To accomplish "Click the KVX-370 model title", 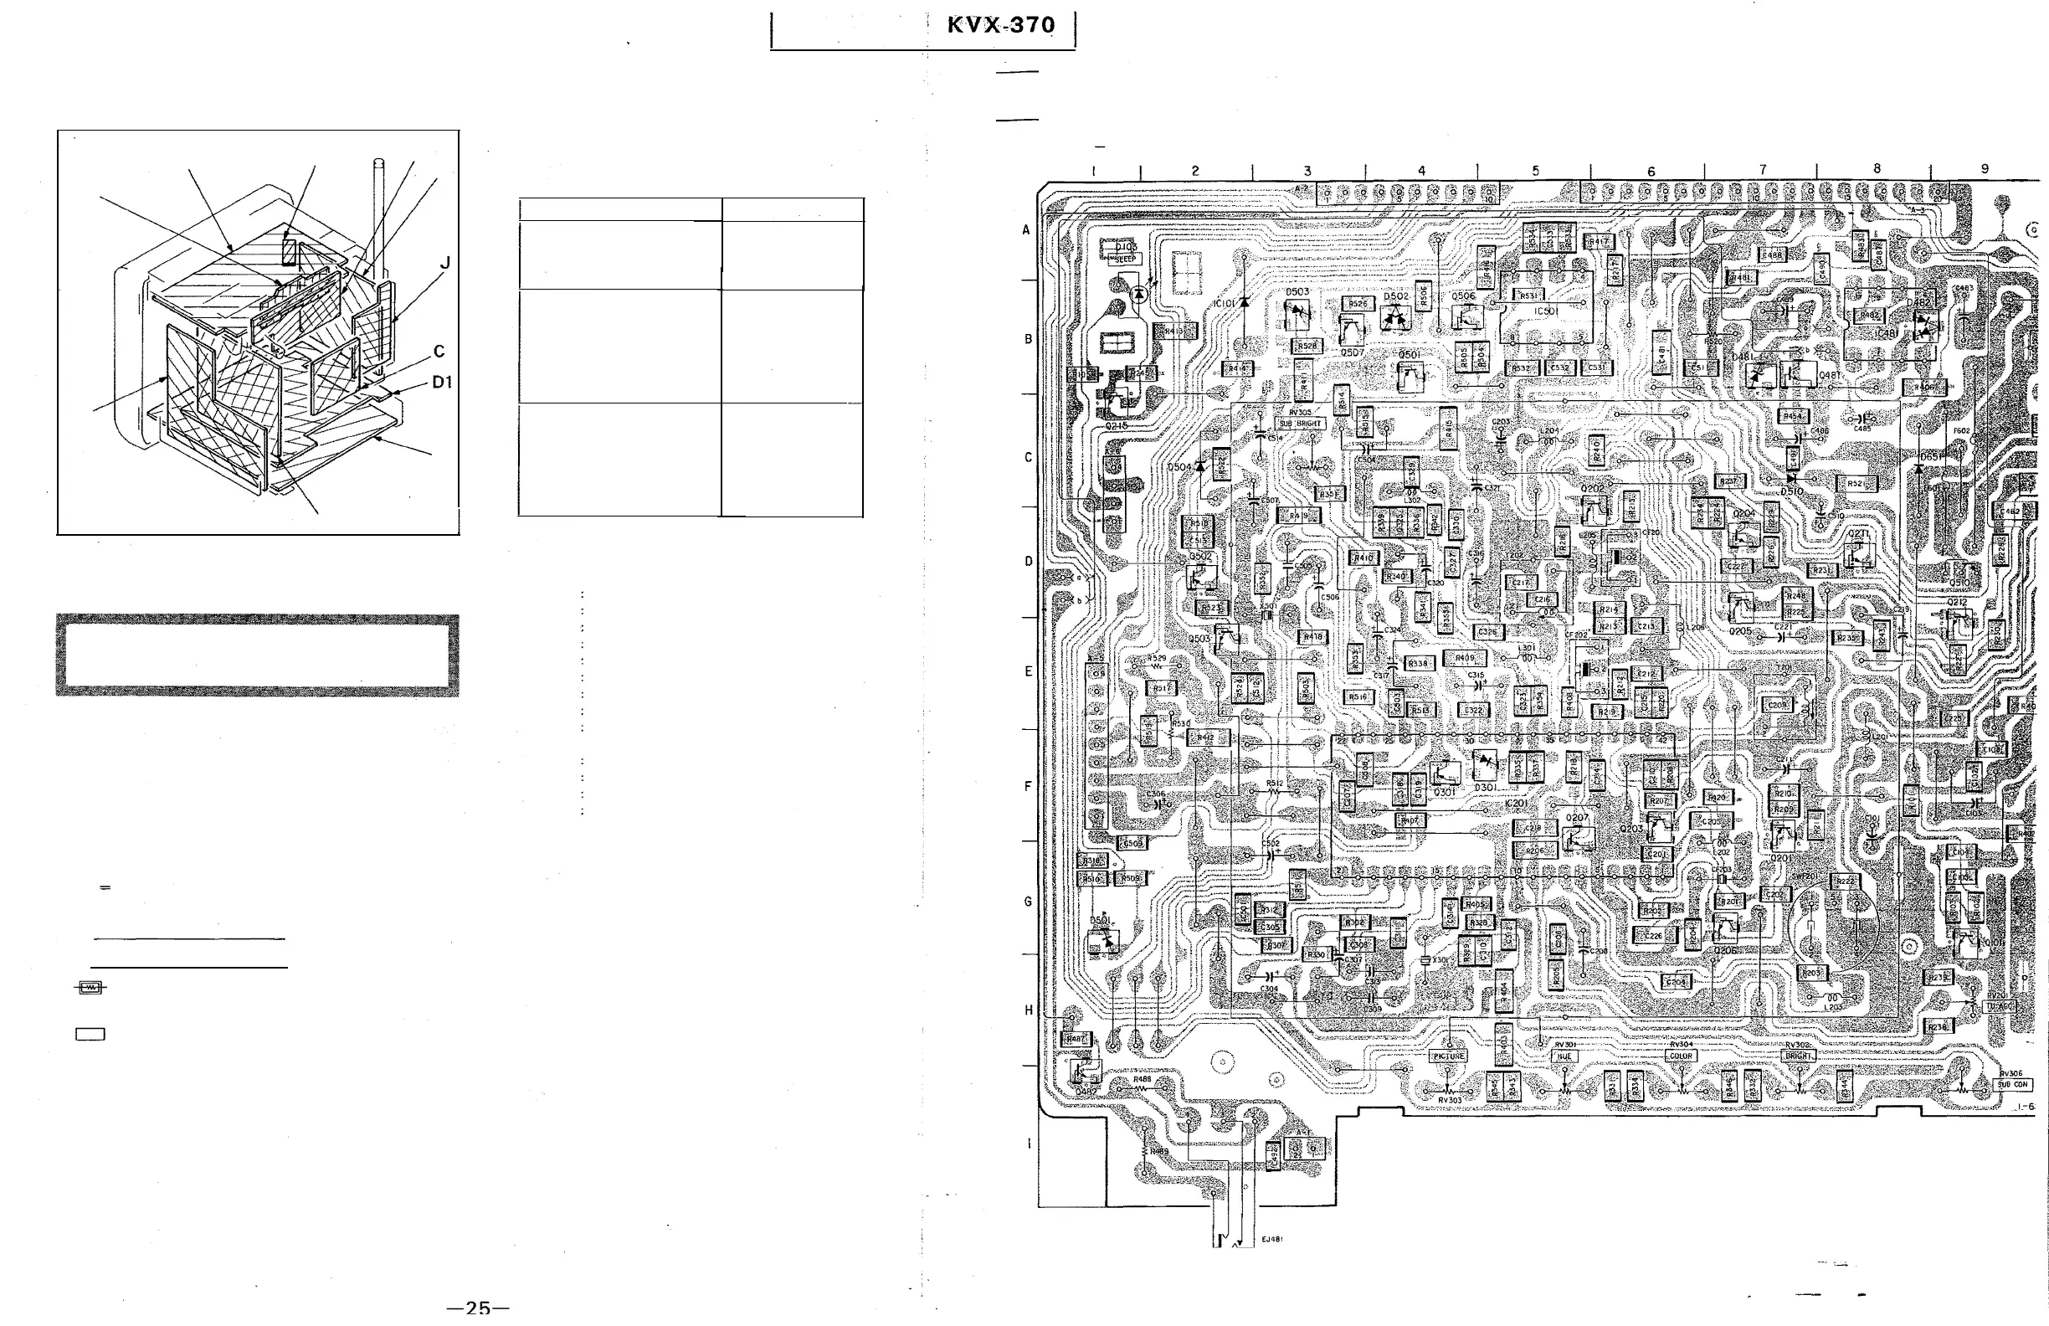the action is (x=1000, y=25).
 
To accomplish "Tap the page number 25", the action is (x=478, y=1308).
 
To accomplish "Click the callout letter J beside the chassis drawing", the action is (x=445, y=264).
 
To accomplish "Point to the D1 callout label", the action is (x=442, y=383).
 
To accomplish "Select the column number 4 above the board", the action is (x=1421, y=172).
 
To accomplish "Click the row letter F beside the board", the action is (x=1027, y=786).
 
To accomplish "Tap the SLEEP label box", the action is (x=1126, y=259).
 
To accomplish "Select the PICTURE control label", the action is (x=1448, y=1056).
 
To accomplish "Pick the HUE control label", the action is (x=1564, y=1056).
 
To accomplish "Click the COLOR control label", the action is (x=1681, y=1056).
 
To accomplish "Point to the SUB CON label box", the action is (x=2014, y=1085).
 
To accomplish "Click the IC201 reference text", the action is (x=1516, y=804).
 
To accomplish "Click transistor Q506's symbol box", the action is (x=1466, y=317).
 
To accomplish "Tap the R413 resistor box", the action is (x=1175, y=331).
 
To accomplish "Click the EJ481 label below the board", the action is (x=1272, y=1240).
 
